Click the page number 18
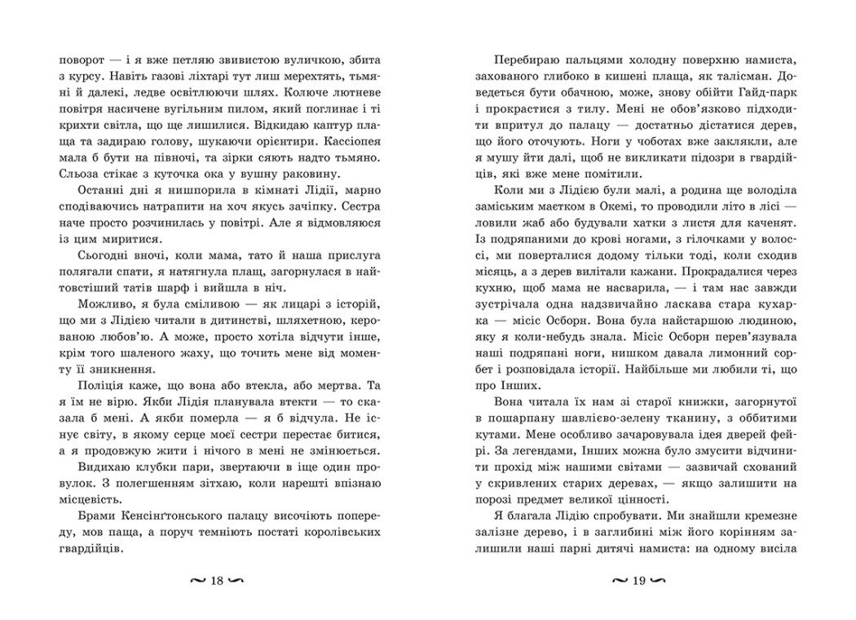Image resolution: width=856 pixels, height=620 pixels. tap(217, 581)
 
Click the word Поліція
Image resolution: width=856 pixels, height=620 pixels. tap(90, 406)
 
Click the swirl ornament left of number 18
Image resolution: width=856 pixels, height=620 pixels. tap(196, 581)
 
